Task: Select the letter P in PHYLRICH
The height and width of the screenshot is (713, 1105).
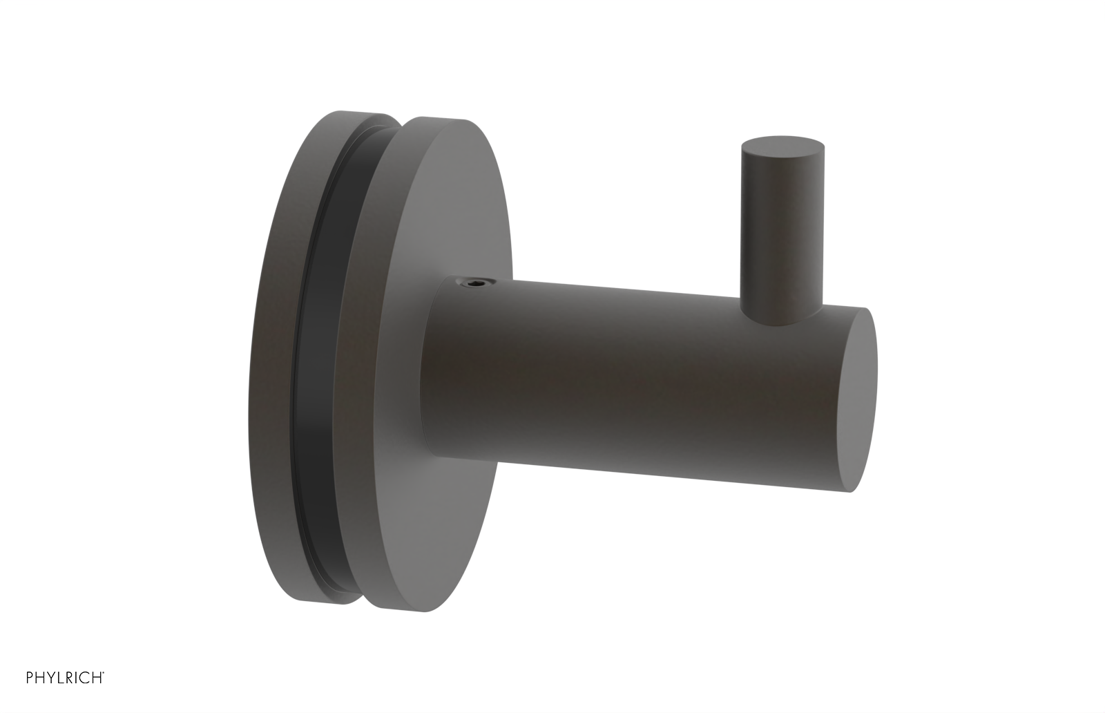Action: click(x=30, y=678)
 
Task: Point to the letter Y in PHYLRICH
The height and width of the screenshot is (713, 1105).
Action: click(x=50, y=678)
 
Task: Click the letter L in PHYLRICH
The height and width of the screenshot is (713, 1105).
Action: click(x=60, y=678)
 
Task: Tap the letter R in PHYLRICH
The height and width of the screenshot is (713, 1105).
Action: click(x=70, y=678)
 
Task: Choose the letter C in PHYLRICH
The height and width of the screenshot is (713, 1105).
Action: click(x=85, y=678)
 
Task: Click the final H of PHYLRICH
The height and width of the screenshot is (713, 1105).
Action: click(x=96, y=678)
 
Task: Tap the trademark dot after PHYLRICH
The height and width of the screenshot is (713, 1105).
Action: click(x=104, y=674)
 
